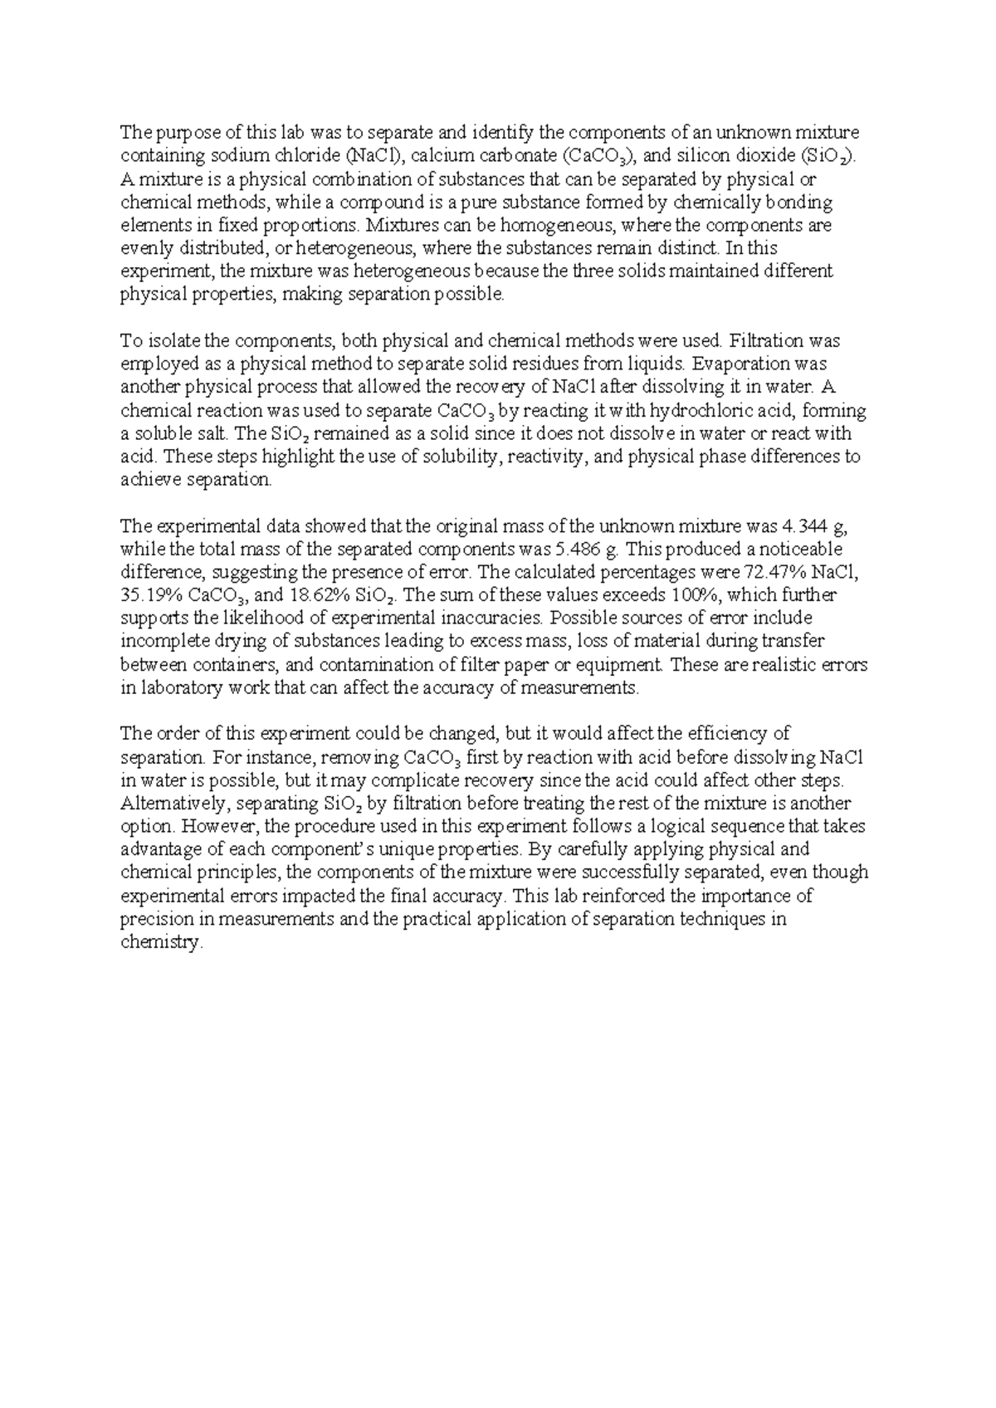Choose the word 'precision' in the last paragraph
click(155, 920)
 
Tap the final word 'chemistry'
click(161, 943)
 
